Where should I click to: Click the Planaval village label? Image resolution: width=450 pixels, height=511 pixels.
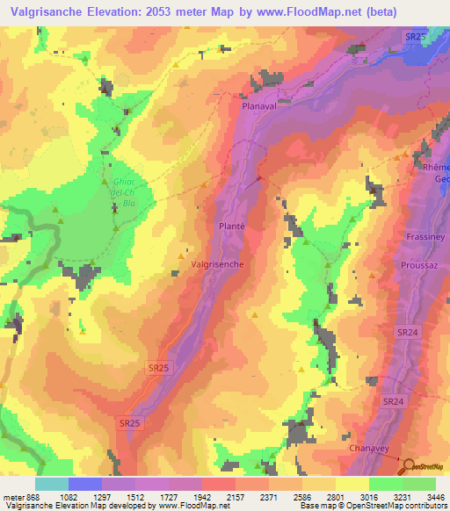point(260,102)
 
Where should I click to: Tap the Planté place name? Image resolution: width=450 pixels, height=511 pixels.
point(231,226)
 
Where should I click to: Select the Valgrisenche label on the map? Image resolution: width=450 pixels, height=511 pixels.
point(217,263)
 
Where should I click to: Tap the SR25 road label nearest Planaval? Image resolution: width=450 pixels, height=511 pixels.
point(416,36)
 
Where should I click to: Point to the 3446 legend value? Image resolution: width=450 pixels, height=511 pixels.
point(435,497)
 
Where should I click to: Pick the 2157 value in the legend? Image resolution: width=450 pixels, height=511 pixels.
point(235,497)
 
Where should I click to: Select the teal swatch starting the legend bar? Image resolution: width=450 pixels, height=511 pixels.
point(52,484)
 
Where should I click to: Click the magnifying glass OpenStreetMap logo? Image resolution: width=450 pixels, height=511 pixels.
point(407,464)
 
